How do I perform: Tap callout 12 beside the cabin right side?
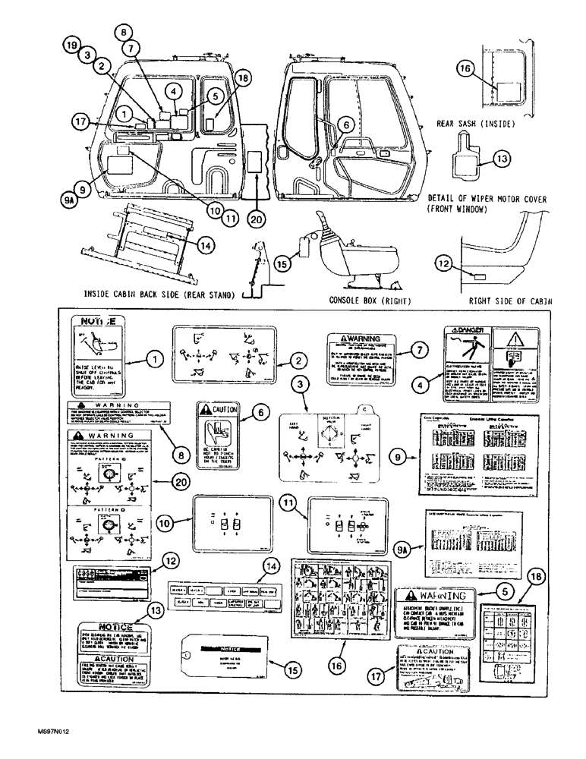coord(443,263)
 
